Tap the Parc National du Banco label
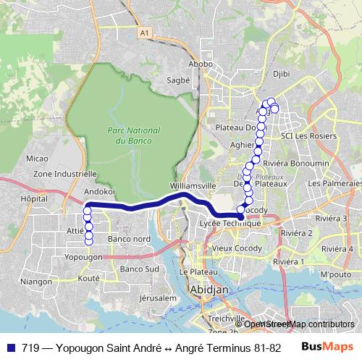[127, 135]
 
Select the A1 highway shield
[145, 33]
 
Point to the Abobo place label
[201, 64]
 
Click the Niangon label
[36, 282]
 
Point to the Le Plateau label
[195, 271]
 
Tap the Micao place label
[36, 158]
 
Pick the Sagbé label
[178, 80]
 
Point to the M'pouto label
[334, 274]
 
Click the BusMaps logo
[328, 347]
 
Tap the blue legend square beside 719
[9, 348]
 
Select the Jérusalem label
[158, 298]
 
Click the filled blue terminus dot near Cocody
[241, 216]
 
